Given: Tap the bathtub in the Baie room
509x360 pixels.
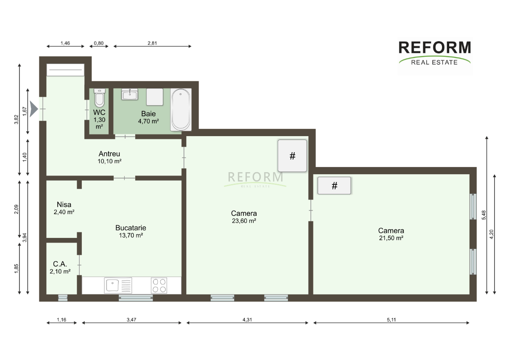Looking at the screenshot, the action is point(181,110).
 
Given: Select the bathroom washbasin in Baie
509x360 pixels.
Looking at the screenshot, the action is point(130,94).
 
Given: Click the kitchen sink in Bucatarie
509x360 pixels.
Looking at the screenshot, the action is point(118,285).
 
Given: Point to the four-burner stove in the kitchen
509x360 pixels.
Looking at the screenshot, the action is point(159,285).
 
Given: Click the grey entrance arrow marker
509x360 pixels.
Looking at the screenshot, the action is point(34,109).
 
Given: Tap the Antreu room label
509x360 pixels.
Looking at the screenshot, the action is point(109,154).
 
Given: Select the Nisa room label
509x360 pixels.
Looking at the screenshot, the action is point(64,204).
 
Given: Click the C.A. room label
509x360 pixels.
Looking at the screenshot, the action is point(60,264).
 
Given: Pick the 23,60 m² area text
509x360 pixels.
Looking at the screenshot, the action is point(244,221).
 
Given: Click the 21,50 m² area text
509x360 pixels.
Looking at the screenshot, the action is point(391,238).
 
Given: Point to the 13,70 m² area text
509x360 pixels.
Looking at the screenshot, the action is point(131,235).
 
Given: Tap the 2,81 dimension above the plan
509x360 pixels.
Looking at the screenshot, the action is point(152,43).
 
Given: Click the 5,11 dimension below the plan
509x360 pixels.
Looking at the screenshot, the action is point(391,320).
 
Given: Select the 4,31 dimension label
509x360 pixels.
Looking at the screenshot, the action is point(247,320).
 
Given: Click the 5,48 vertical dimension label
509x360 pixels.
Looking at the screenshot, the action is point(484,215).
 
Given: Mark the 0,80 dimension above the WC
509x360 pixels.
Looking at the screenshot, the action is point(98,43).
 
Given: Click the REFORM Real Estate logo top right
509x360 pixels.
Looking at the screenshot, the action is point(435,53).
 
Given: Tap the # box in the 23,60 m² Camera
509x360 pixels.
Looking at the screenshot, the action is point(292,156).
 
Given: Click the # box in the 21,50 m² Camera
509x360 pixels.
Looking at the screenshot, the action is point(334,186).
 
